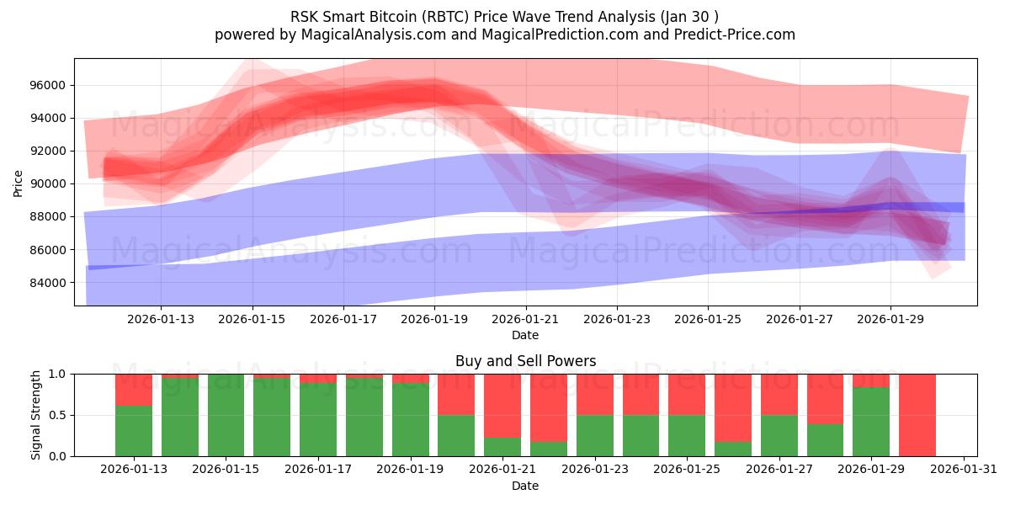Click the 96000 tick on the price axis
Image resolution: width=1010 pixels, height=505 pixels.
pyautogui.click(x=49, y=85)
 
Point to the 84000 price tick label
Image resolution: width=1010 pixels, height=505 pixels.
pyautogui.click(x=49, y=283)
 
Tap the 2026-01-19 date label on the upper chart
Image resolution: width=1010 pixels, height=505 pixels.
pyautogui.click(x=434, y=319)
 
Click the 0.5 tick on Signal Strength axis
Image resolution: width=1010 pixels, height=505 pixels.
pyautogui.click(x=59, y=415)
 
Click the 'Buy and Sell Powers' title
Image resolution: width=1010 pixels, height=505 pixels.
pyautogui.click(x=525, y=361)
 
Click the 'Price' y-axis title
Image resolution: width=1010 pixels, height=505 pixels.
pyautogui.click(x=18, y=183)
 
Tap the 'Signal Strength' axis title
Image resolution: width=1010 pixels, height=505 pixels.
pyautogui.click(x=35, y=415)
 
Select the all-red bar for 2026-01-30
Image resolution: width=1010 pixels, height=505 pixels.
pyautogui.click(x=917, y=415)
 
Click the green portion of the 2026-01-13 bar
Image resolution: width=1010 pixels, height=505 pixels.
pyautogui.click(x=133, y=431)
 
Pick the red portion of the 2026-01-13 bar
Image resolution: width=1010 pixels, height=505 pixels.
pyautogui.click(x=133, y=390)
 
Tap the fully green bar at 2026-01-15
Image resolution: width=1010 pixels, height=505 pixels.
pyautogui.click(x=226, y=415)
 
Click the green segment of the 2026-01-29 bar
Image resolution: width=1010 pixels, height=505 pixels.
pyautogui.click(x=870, y=422)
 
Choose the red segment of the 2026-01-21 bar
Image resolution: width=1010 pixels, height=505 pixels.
pyautogui.click(x=502, y=404)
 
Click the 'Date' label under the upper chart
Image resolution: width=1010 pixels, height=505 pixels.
pyautogui.click(x=525, y=336)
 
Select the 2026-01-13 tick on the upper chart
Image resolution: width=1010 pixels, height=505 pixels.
pyautogui.click(x=161, y=319)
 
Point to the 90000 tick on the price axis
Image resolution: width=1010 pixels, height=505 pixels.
pyautogui.click(x=49, y=183)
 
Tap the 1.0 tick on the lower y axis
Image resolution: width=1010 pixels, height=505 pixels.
pyautogui.click(x=59, y=374)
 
